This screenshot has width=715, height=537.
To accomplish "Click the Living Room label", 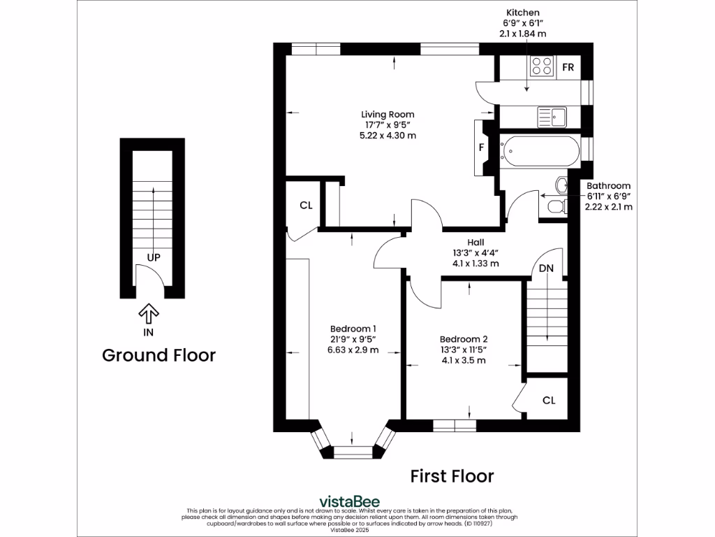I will coord(388,115).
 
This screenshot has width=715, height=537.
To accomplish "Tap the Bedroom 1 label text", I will coord(353,329).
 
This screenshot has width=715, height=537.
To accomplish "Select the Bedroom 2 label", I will coord(463,339).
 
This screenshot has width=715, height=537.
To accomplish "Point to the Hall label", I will coord(476,243).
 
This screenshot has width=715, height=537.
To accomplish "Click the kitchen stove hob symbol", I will coord(540,66).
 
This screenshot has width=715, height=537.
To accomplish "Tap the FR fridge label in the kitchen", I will coord(568,68).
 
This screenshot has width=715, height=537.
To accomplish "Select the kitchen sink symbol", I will coord(552,114).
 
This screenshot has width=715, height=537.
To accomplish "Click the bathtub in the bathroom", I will coord(540,150).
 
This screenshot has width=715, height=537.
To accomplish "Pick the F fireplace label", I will coord(482,148).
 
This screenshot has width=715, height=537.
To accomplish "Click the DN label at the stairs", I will coord(546,268).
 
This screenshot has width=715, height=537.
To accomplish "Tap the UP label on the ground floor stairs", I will coord(154,257).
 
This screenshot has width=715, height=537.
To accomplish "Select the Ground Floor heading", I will coord(159,355).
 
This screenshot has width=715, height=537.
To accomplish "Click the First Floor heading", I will coord(451,476).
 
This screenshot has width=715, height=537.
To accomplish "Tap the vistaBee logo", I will coord(349,501).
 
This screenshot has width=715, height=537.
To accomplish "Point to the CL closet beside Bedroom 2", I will coord(549,401).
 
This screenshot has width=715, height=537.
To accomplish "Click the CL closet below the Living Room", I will coord(305,206).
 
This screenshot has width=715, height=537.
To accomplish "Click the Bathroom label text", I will coord(608,186).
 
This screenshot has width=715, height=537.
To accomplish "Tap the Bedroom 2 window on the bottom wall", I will coord(454,424).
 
